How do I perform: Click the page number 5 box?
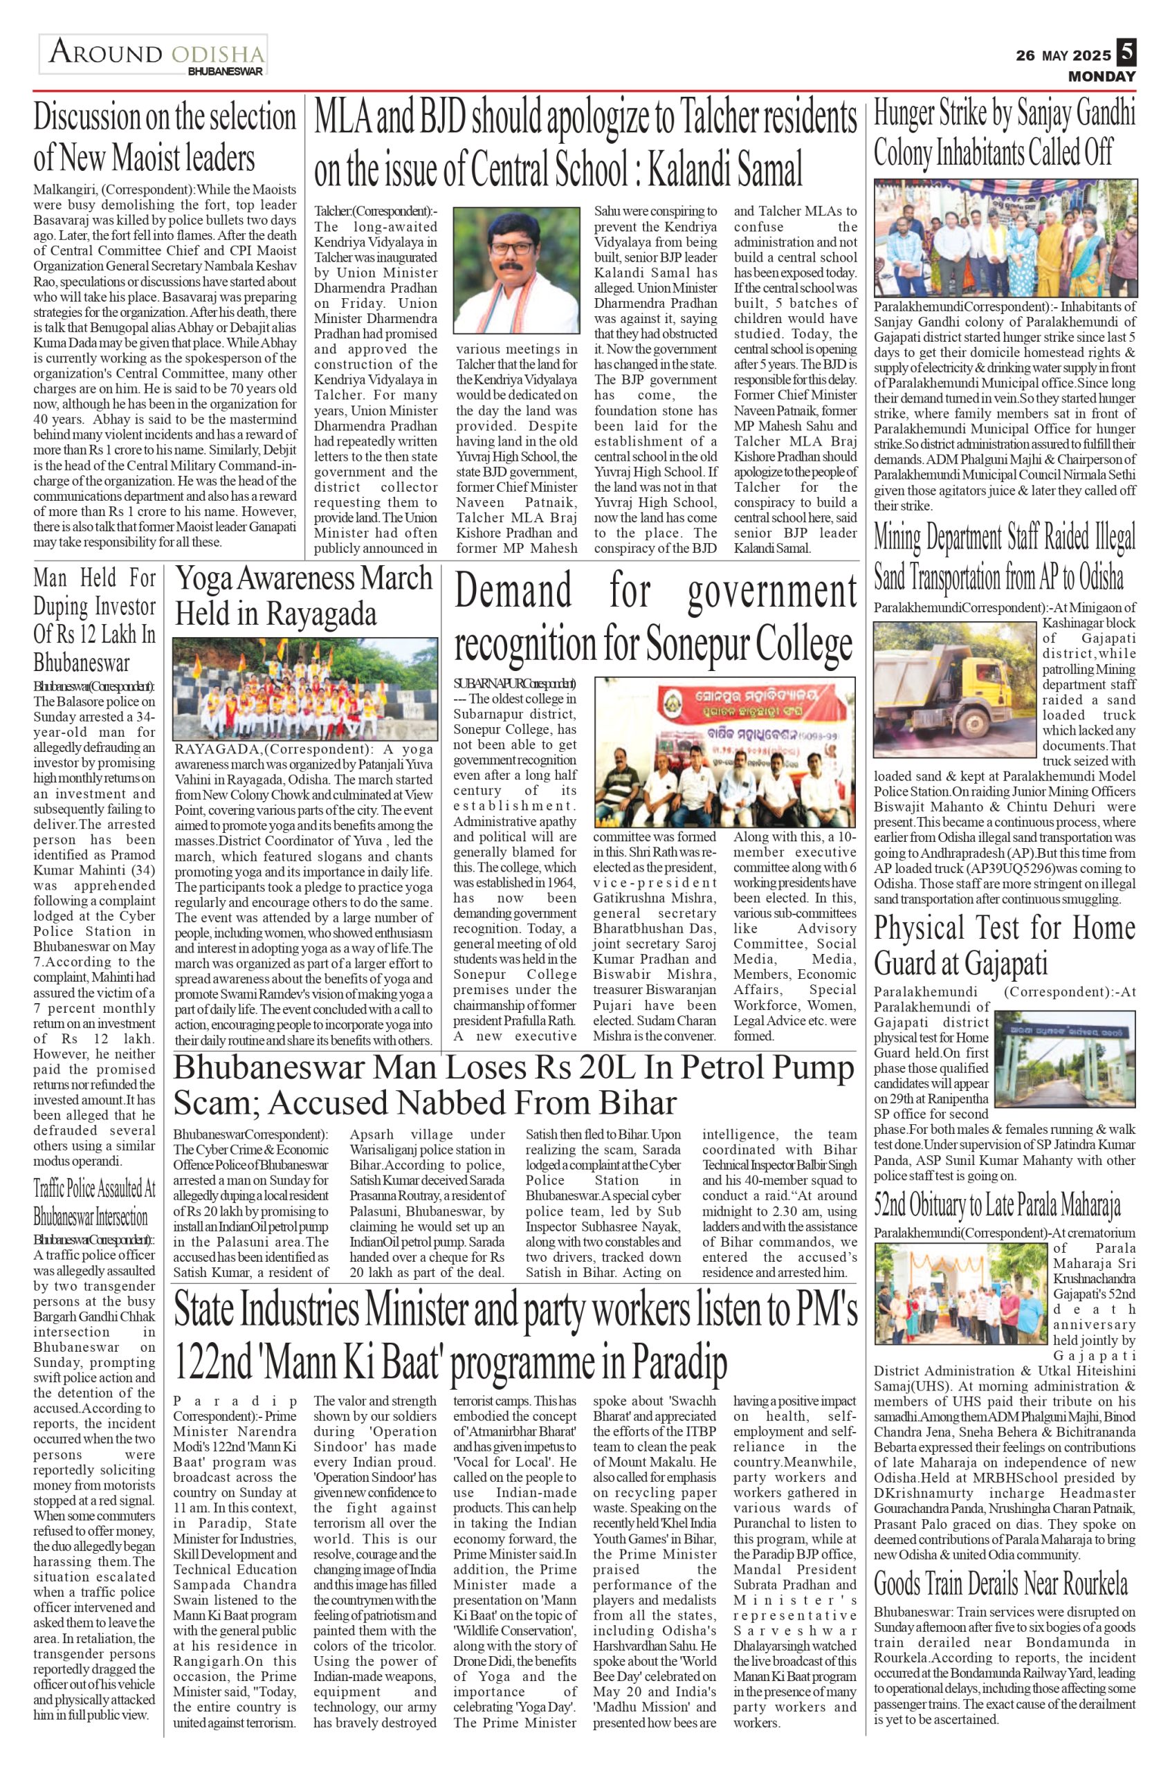[x=1125, y=53]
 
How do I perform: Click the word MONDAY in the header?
[x=1102, y=76]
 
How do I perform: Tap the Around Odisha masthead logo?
[x=154, y=55]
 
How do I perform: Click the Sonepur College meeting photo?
[x=725, y=751]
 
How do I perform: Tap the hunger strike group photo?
[x=1005, y=237]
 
